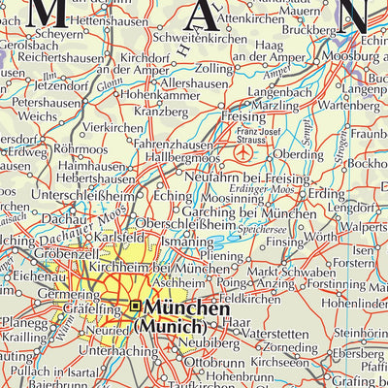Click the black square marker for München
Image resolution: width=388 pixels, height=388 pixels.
pyautogui.click(x=135, y=307)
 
